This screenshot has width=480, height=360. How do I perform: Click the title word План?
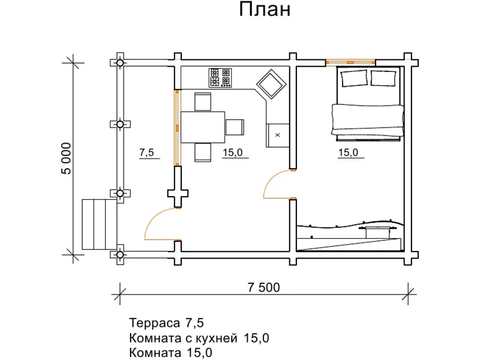pyautogui.click(x=265, y=10)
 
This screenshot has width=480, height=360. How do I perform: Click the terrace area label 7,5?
pyautogui.click(x=147, y=153)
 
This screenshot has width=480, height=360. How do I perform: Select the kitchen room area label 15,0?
pyautogui.click(x=232, y=153)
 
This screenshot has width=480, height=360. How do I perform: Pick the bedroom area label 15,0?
pyautogui.click(x=348, y=153)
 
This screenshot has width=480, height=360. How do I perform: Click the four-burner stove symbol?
pyautogui.click(x=220, y=77)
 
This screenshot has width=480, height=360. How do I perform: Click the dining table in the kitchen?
pyautogui.click(x=202, y=127)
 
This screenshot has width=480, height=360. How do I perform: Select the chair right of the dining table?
pyautogui.click(x=235, y=127)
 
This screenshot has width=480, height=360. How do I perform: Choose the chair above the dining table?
pyautogui.click(x=202, y=101)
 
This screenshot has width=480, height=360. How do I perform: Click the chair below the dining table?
pyautogui.click(x=203, y=152)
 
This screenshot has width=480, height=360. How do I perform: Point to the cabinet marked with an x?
pyautogui.click(x=277, y=135)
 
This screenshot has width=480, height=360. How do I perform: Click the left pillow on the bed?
pyautogui.click(x=353, y=77)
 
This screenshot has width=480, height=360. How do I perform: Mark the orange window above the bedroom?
pyautogui.click(x=350, y=61)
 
